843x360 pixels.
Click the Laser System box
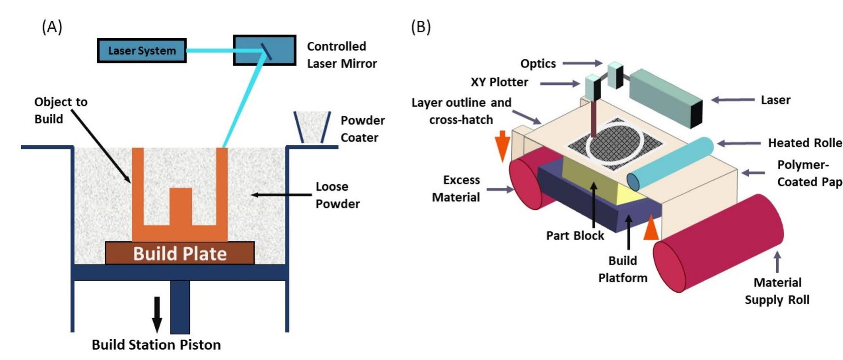click(x=142, y=51)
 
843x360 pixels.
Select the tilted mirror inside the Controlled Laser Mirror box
click(x=266, y=52)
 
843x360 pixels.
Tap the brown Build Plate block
click(x=179, y=253)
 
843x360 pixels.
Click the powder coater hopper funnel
click(x=312, y=127)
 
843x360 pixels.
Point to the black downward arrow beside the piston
click(x=157, y=314)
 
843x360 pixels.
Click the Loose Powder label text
click(x=337, y=195)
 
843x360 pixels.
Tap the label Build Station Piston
click(x=156, y=345)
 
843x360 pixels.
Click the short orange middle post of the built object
click(x=181, y=206)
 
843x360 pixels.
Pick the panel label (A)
click(x=52, y=27)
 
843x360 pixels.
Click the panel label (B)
click(x=421, y=27)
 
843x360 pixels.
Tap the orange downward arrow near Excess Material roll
click(x=502, y=145)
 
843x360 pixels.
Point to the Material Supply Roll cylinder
click(x=718, y=243)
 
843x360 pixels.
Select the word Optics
click(x=538, y=64)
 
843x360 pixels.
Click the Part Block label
click(x=575, y=236)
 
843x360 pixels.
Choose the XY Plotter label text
click(x=499, y=82)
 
